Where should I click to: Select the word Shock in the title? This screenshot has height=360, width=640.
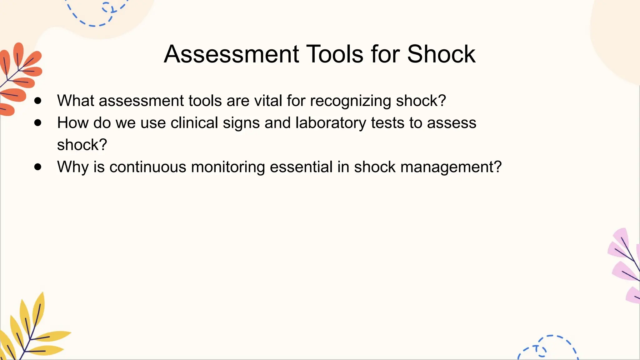pos(441,54)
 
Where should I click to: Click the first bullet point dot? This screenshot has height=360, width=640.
pos(38,101)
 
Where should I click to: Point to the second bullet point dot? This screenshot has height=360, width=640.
pos(38,123)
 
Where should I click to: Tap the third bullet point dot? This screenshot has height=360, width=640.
pos(38,167)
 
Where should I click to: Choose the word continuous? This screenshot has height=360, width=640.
pos(148,167)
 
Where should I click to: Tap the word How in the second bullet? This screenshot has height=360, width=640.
pos(73,123)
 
